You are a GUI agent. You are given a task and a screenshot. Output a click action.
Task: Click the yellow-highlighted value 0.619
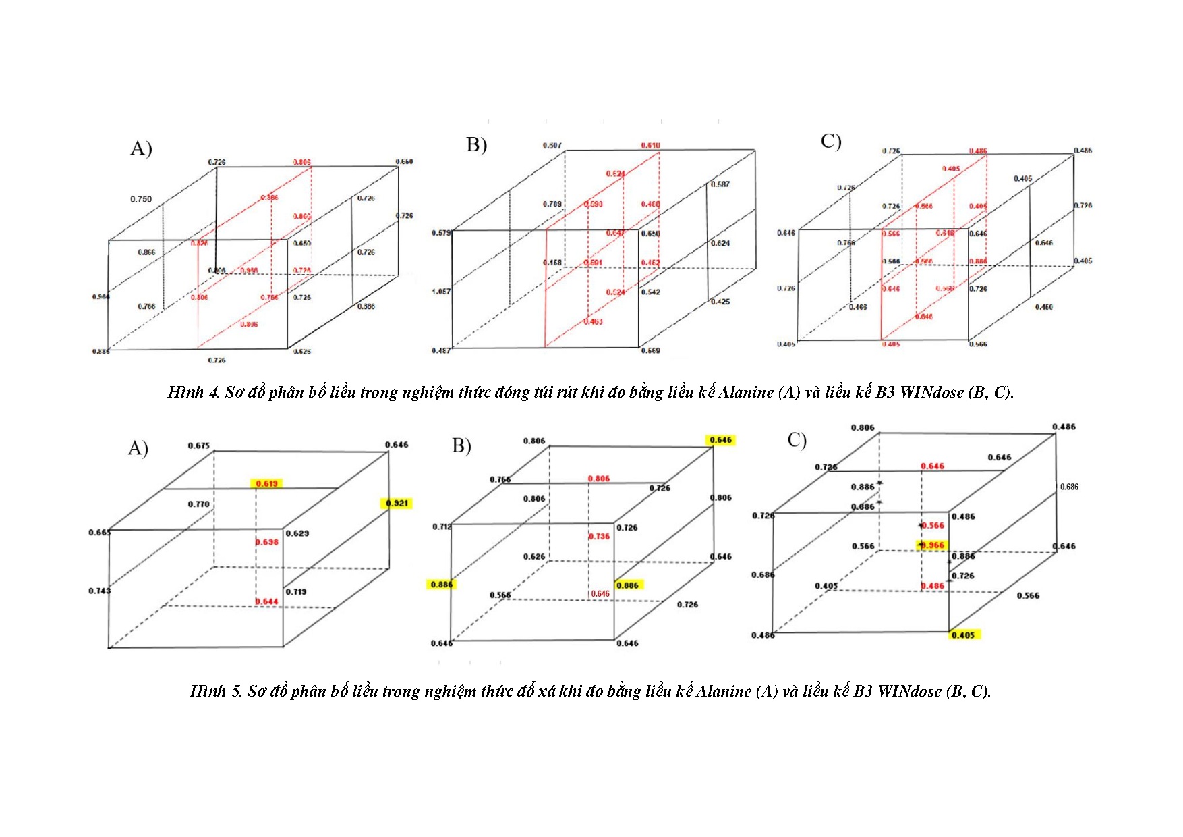tap(266, 483)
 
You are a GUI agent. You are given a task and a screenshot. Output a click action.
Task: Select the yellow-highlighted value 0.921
tap(397, 503)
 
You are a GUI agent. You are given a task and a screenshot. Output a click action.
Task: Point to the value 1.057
tap(441, 292)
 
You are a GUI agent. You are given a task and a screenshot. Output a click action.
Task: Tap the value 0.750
tap(141, 199)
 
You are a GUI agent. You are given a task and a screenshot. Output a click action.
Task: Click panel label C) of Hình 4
tap(831, 142)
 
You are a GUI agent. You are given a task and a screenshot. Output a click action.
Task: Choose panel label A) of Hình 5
tap(138, 448)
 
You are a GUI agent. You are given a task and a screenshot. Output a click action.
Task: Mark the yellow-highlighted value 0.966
tap(933, 545)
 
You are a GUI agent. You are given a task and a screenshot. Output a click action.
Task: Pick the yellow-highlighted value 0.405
tap(963, 635)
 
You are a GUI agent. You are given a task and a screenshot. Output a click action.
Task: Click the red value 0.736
tap(599, 536)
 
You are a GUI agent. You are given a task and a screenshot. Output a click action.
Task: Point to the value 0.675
tap(199, 446)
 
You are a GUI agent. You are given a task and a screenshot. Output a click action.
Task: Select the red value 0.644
tap(267, 601)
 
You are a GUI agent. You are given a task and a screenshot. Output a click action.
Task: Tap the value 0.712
tap(442, 526)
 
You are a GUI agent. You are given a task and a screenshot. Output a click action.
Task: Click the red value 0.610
tap(650, 146)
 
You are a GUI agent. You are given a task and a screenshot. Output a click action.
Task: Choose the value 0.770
tap(198, 504)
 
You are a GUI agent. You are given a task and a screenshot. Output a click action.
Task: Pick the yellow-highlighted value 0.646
tap(720, 440)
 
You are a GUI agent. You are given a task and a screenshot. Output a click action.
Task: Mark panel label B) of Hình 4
tap(476, 145)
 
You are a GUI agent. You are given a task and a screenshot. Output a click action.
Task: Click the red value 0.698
tap(267, 542)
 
